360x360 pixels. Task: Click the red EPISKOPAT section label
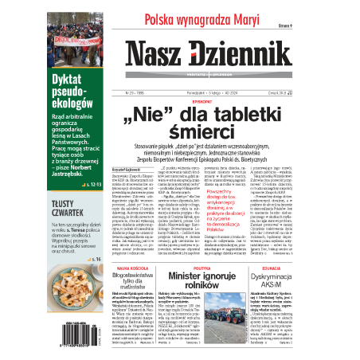tap(209, 102)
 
